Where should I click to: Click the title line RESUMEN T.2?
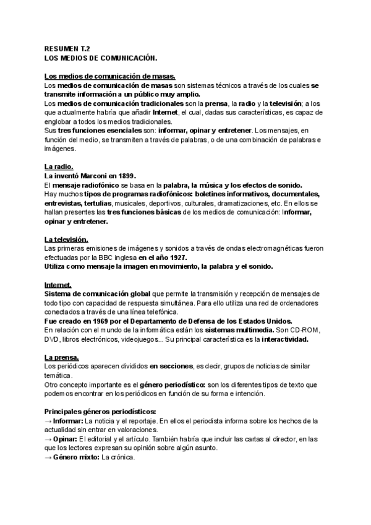click(68, 47)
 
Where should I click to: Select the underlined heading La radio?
click(59, 167)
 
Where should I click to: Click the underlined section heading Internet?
click(60, 284)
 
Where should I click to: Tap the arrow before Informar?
click(49, 420)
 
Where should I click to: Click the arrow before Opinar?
click(49, 439)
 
